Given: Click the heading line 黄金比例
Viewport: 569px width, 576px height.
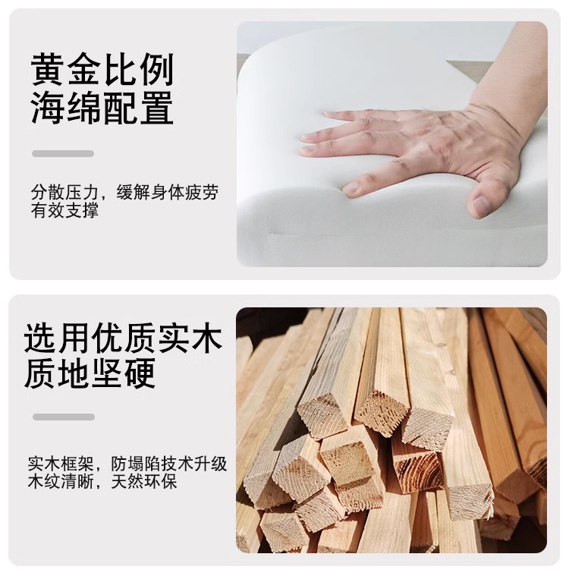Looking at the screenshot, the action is click(x=102, y=70).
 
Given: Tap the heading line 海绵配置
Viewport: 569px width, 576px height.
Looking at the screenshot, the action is click(x=102, y=108).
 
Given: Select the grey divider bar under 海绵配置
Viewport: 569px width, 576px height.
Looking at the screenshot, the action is click(x=63, y=153).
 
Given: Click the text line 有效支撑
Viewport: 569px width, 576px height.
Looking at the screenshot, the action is click(x=65, y=210).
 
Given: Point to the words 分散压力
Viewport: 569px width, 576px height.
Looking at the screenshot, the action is click(x=65, y=193).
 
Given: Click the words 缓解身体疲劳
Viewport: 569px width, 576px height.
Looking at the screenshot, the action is click(x=168, y=193).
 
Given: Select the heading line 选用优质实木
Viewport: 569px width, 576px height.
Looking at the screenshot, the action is click(x=124, y=338).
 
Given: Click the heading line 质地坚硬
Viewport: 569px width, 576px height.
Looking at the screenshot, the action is click(x=90, y=373).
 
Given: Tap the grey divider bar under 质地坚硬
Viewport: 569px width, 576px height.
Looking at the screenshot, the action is click(x=64, y=417).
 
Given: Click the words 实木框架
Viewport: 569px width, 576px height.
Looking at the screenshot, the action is click(x=61, y=464).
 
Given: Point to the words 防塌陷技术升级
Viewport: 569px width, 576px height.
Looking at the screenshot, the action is click(x=169, y=464).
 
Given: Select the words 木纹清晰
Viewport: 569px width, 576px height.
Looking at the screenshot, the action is click(x=61, y=482).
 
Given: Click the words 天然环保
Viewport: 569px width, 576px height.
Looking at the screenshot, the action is click(x=144, y=482).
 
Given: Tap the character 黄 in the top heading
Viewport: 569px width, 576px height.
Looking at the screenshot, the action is click(x=47, y=70).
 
